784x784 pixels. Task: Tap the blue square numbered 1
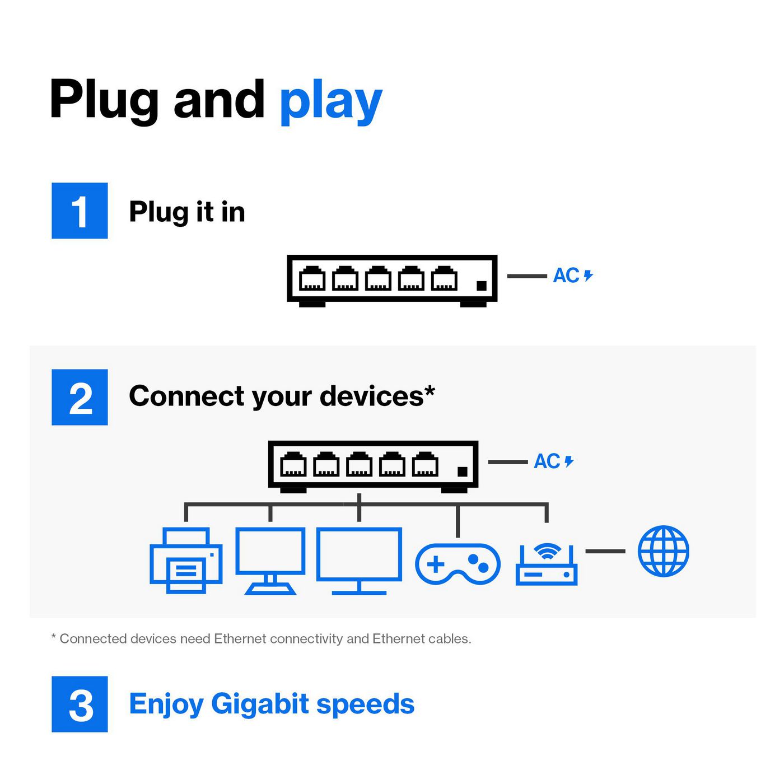point(80,211)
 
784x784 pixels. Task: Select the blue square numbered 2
point(80,397)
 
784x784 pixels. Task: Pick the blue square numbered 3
point(80,704)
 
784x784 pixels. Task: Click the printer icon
point(186,560)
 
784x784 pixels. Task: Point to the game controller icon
point(458,563)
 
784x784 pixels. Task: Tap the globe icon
point(663,551)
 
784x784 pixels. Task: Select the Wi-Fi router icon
point(547,564)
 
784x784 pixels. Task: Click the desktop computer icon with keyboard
point(270,560)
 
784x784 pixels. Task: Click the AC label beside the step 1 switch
point(567,276)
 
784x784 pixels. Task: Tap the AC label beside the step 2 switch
point(548,461)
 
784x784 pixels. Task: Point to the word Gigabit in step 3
point(260,704)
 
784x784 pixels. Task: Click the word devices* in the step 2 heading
point(376,396)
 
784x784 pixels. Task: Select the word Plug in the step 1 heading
point(158,212)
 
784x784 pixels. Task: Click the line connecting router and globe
point(605,551)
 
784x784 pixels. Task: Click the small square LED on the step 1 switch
point(481,286)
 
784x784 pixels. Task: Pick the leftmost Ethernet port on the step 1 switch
point(312,278)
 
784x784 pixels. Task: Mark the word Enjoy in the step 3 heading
point(166,704)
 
